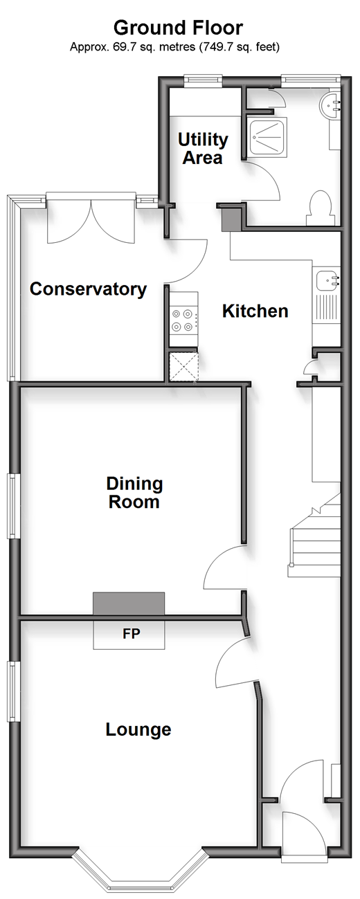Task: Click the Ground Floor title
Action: (x=178, y=28)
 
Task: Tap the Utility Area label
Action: (x=203, y=149)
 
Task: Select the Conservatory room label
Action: (x=89, y=289)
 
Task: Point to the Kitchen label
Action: (x=255, y=311)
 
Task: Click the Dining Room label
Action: (x=134, y=493)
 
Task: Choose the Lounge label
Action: (x=138, y=729)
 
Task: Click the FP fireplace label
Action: (x=132, y=633)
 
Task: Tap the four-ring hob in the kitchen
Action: (x=183, y=320)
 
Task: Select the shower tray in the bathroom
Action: (x=268, y=137)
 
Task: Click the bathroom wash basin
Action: (x=331, y=107)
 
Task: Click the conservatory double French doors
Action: (x=91, y=222)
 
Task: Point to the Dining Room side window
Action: (x=14, y=506)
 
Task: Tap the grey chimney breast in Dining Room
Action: (x=129, y=603)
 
